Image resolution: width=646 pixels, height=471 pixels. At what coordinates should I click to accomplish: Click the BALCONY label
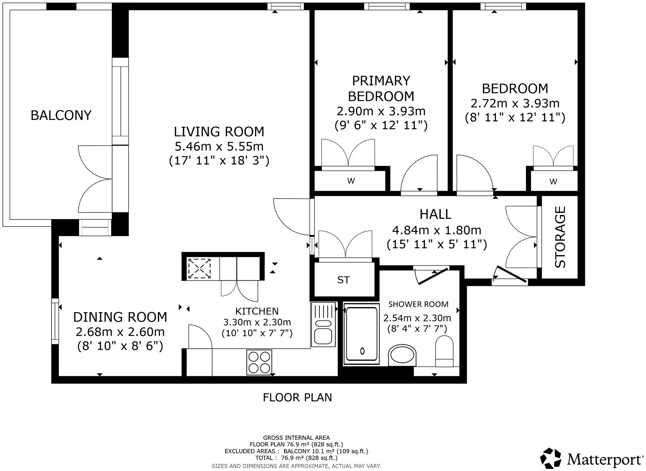click(x=61, y=115)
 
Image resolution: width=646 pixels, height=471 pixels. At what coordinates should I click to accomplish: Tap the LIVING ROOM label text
click(x=219, y=132)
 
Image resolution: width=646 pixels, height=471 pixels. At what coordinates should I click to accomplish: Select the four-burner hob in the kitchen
click(x=259, y=362)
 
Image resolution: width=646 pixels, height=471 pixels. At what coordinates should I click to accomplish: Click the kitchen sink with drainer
click(x=323, y=325)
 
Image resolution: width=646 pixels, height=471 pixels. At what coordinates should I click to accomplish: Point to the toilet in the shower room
click(x=444, y=351)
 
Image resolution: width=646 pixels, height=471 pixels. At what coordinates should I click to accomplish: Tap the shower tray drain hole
click(x=362, y=351)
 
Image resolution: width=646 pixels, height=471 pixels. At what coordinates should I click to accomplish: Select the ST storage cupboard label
click(x=343, y=280)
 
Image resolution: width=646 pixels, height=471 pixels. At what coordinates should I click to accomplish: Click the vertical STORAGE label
click(x=560, y=237)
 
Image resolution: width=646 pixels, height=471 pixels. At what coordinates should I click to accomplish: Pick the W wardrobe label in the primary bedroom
click(x=351, y=181)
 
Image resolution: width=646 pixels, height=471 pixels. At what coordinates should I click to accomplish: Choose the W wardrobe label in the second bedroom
click(x=553, y=182)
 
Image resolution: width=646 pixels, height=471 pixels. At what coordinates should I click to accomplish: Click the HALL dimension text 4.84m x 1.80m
click(x=436, y=230)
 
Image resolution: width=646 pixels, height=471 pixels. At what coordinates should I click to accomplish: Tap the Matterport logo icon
click(x=551, y=459)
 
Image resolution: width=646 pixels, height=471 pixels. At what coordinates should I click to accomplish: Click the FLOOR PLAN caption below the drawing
click(x=297, y=397)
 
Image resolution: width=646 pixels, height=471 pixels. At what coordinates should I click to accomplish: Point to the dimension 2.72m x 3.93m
click(x=515, y=103)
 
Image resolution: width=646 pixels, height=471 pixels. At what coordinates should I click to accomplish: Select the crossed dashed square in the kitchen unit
click(x=199, y=268)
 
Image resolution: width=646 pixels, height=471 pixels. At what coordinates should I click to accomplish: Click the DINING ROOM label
click(x=120, y=317)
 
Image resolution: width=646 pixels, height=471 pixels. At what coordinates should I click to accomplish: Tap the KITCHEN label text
click(x=257, y=311)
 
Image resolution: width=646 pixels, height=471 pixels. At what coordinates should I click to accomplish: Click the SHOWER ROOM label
click(x=418, y=304)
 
